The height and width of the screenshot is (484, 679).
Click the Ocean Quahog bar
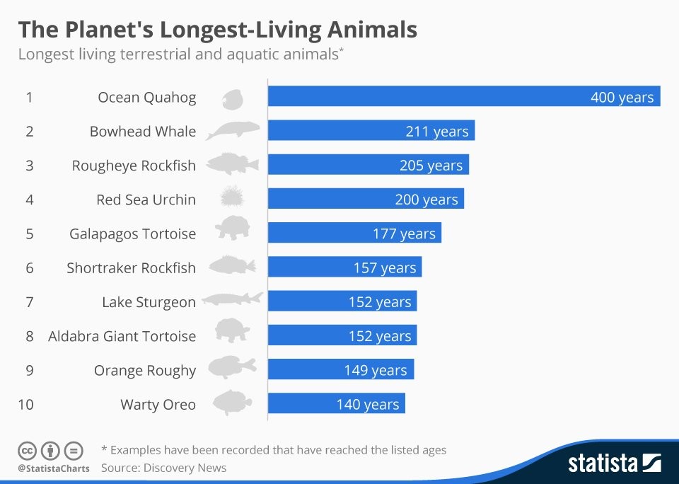coord(463,97)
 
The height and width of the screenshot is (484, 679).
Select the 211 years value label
coord(436,132)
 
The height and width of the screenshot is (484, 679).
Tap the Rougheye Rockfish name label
coord(134,166)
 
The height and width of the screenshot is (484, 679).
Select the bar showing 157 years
coord(344,267)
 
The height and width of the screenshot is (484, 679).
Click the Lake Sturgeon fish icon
coord(232,300)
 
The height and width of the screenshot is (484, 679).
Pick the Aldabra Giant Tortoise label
coord(122,336)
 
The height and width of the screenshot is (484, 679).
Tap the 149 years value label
coord(375,370)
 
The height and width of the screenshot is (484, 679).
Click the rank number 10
coord(26,405)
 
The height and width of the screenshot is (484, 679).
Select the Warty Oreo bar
coord(336,404)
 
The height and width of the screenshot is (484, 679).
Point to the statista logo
coord(614,463)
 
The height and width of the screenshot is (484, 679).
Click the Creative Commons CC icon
coord(27,451)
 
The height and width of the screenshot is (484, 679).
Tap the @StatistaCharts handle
coord(54,468)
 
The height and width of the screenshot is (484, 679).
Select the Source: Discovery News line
coord(163,468)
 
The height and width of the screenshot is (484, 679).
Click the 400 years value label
coord(622,98)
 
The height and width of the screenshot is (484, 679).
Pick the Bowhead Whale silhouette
coord(233,130)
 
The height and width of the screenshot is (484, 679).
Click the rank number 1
coord(29,98)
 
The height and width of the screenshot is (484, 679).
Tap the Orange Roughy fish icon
coord(231,368)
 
